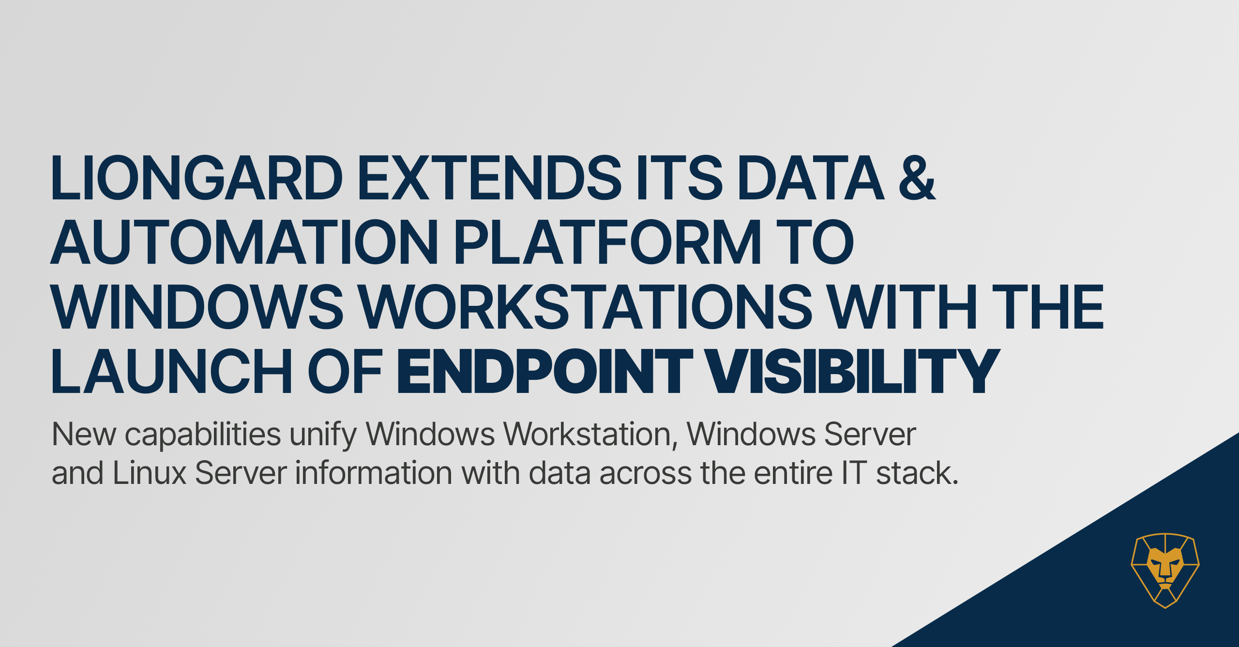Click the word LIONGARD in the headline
pos(196,178)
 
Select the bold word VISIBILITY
pos(852,371)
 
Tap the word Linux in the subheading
pos(150,472)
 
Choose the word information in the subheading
pos(374,472)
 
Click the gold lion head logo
pos(1165,571)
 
